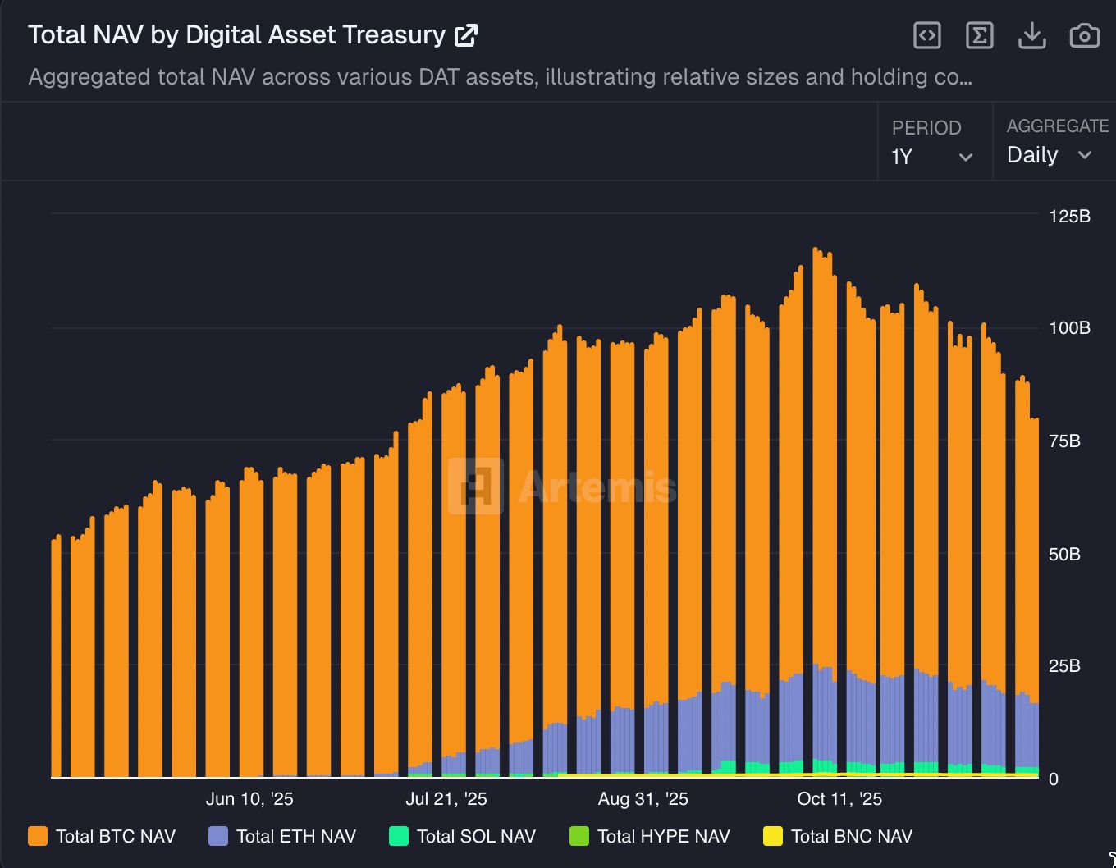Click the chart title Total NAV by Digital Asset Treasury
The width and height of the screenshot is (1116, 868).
(x=236, y=35)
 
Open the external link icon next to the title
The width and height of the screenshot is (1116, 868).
(x=466, y=35)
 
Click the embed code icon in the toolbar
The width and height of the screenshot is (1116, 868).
(x=926, y=35)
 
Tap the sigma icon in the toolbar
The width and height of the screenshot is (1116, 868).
(x=979, y=35)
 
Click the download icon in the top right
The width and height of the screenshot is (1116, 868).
(x=1031, y=35)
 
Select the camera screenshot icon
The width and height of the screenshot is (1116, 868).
(x=1084, y=35)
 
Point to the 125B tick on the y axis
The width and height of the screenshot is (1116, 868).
(x=1069, y=217)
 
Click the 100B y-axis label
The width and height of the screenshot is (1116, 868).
(x=1069, y=328)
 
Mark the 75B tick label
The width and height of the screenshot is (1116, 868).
(x=1064, y=441)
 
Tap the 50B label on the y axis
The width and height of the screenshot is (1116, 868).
(x=1064, y=555)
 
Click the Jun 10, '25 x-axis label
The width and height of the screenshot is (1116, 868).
(x=249, y=799)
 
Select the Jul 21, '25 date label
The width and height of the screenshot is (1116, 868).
(x=446, y=799)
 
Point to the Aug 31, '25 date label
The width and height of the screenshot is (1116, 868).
(x=643, y=799)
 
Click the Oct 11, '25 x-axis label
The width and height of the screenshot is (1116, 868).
(x=839, y=799)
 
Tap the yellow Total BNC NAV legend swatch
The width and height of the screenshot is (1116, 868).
(x=773, y=837)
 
